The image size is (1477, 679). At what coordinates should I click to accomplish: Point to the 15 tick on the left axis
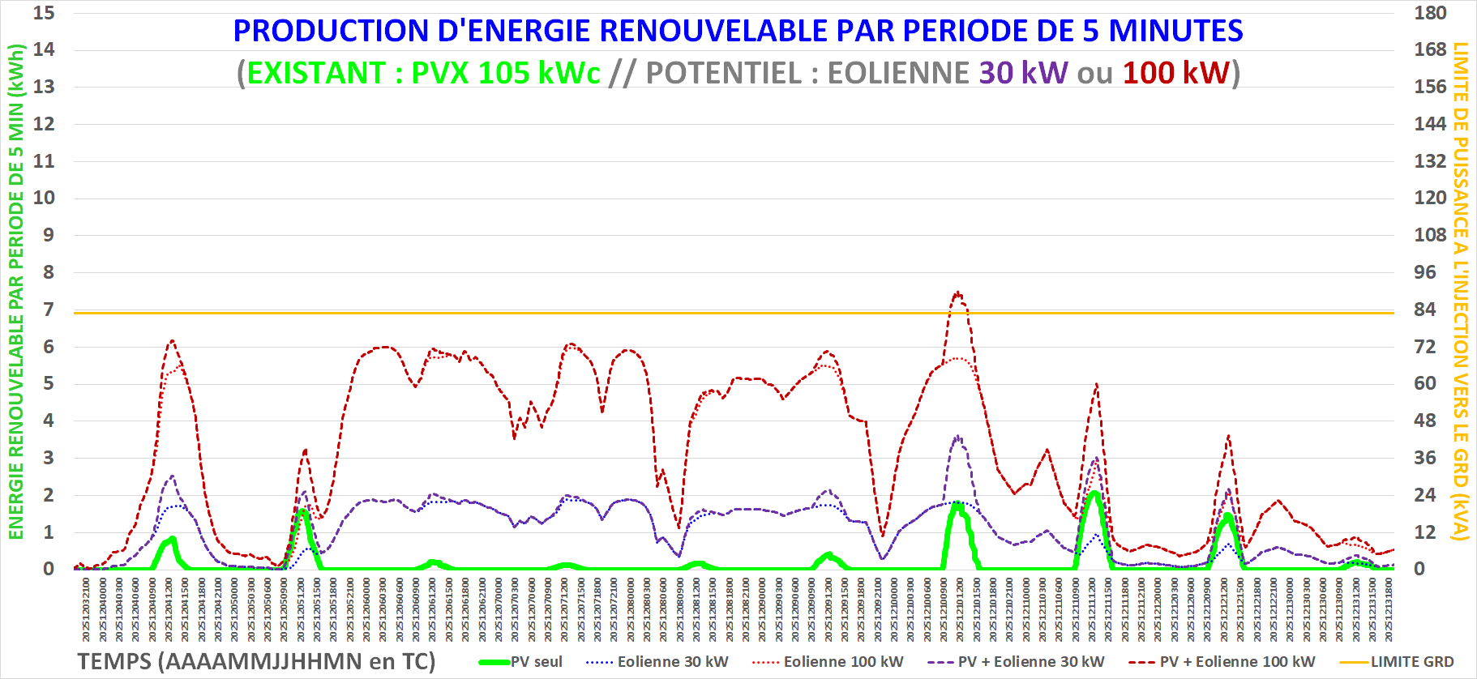coord(44,13)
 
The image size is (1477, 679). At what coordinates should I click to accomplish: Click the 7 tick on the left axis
coord(49,310)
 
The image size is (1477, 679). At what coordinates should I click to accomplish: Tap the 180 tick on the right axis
coord(1430,13)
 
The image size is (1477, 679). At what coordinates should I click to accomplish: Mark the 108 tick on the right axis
coord(1430,235)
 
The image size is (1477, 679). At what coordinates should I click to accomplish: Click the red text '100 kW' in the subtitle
coord(1175,73)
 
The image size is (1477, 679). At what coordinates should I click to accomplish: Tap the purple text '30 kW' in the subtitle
coord(1023,73)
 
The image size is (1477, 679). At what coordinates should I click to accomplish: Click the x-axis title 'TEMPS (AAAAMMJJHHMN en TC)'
coord(256,661)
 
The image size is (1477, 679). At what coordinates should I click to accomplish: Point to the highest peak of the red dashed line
coord(958,293)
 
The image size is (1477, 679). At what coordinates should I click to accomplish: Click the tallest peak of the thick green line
coord(1094,493)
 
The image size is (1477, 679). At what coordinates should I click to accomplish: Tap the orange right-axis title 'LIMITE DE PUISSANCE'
coord(1461,138)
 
